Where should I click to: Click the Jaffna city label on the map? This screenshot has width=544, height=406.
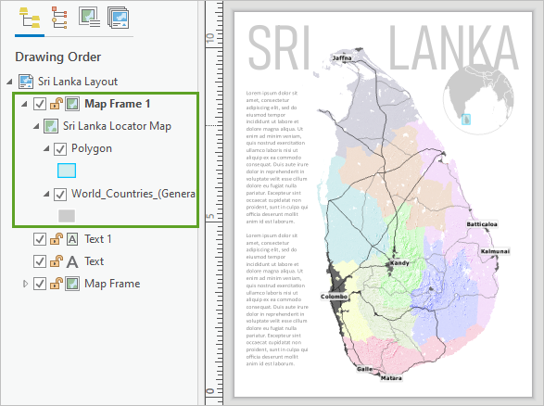coord(343,58)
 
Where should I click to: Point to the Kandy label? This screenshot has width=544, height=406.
coord(399,263)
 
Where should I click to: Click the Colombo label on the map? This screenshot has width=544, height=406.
coord(335,297)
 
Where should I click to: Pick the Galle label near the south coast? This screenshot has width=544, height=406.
coord(365,369)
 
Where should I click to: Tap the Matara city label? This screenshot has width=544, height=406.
coord(392,378)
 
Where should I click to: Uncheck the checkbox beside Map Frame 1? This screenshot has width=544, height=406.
coord(40,104)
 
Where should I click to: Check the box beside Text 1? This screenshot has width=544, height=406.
coord(40,239)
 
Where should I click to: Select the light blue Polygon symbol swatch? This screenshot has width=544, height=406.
coord(67,170)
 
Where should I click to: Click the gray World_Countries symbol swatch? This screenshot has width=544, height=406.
coord(67,215)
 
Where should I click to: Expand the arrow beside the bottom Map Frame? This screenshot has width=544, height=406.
coord(25,284)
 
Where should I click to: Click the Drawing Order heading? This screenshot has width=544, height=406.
coord(57,57)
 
